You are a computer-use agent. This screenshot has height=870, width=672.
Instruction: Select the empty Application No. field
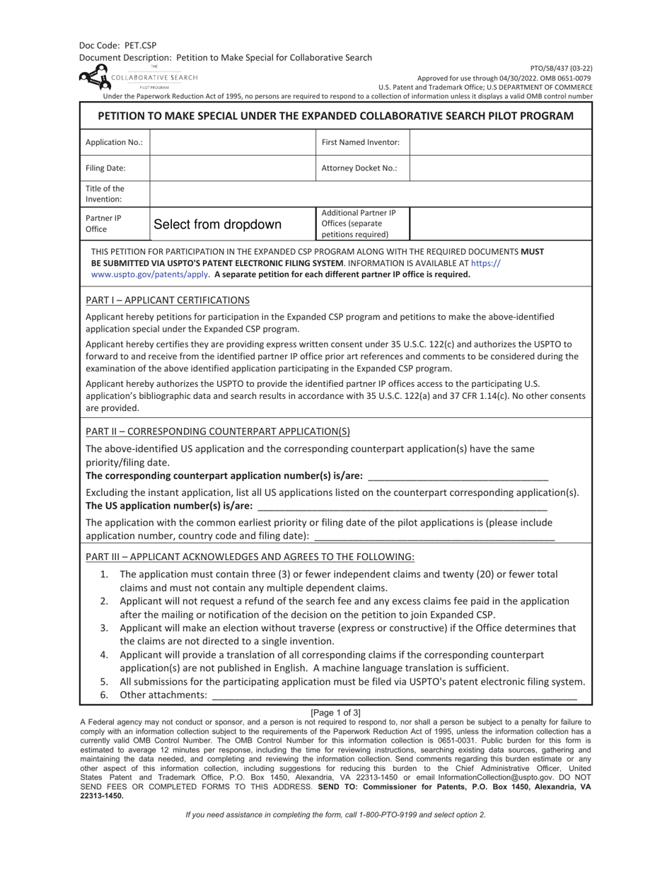click(232, 142)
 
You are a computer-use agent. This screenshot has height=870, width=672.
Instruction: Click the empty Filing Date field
click(232, 168)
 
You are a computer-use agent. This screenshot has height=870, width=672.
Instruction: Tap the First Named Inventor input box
click(500, 142)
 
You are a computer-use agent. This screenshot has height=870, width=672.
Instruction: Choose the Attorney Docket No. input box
click(500, 168)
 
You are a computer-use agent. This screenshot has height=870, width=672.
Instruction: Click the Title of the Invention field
click(370, 194)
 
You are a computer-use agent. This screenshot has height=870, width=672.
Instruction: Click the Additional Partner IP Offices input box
click(500, 224)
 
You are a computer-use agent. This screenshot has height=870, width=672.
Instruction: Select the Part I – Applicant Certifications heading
click(168, 300)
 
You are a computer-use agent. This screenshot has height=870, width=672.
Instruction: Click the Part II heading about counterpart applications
click(217, 431)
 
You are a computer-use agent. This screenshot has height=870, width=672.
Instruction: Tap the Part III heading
click(250, 557)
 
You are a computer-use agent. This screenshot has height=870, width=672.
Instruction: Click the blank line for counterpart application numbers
click(458, 477)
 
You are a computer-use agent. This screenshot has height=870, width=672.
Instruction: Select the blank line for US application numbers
click(402, 506)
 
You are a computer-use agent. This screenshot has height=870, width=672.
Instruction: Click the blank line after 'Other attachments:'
click(394, 696)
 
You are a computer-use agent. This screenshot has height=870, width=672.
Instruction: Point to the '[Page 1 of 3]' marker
click(335, 712)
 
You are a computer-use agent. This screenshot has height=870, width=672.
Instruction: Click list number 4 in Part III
click(104, 655)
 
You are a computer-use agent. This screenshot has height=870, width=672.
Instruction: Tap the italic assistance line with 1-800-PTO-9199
click(335, 815)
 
